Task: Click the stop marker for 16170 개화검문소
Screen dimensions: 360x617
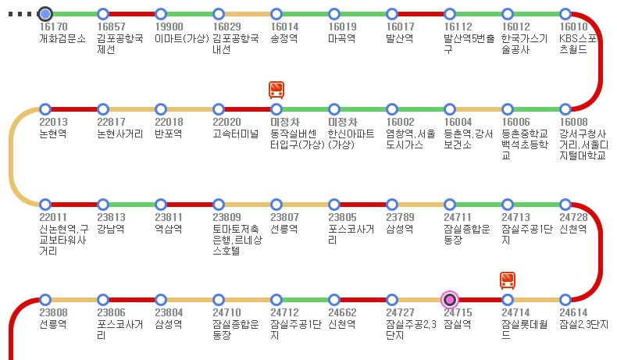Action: coord(45,14)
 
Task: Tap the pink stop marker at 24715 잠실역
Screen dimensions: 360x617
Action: coord(450,299)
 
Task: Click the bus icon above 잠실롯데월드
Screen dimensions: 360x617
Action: coord(508,280)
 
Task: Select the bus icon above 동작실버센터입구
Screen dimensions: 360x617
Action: coord(276,90)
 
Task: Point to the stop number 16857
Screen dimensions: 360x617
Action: coord(112,27)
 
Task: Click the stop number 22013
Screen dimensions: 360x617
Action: coord(53,122)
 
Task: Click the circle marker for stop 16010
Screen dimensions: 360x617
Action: coord(565,14)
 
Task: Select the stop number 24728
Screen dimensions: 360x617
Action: coord(573,217)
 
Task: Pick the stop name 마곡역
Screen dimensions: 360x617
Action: coord(341,38)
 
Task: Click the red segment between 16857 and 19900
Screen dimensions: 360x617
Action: coord(132,14)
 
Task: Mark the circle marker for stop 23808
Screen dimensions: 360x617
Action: coord(45,299)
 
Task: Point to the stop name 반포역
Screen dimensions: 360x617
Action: coord(168,134)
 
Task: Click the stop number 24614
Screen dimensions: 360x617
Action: coord(573,312)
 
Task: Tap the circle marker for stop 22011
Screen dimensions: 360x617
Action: coord(45,204)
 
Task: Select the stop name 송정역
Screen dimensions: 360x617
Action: coord(284,38)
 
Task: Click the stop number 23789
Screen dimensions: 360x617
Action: coord(401,217)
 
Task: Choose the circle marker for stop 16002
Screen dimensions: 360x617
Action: coord(392,109)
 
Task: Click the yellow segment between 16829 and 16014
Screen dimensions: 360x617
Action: coord(248,14)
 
